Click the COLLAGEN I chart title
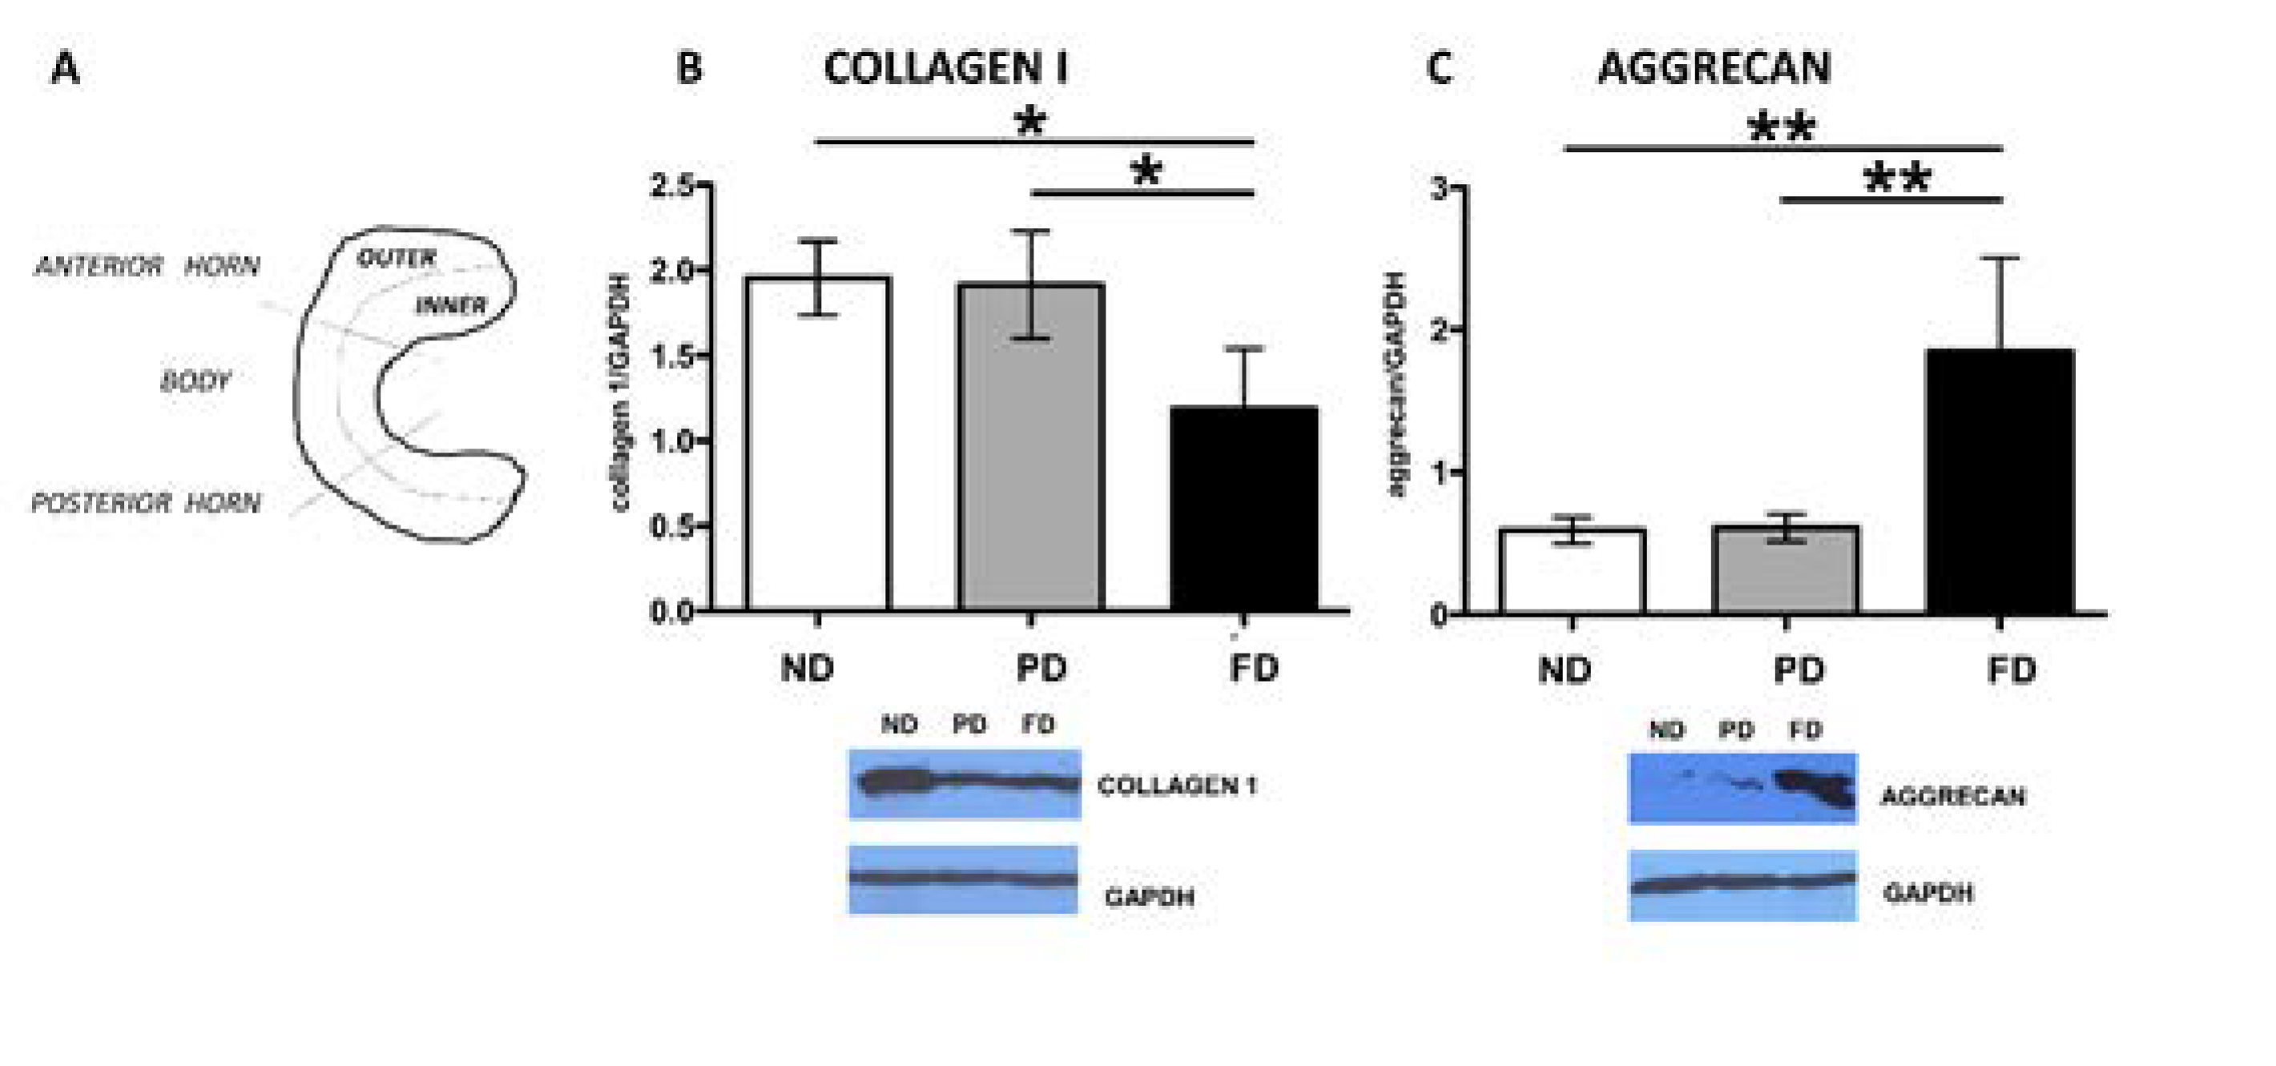[945, 68]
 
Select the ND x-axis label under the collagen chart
[807, 669]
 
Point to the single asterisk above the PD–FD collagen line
[1145, 171]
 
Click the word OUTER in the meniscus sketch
[396, 258]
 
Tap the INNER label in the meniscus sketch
[450, 306]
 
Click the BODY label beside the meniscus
[195, 381]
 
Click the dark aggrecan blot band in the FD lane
[1811, 787]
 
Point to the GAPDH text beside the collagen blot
[1149, 897]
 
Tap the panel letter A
[65, 68]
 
